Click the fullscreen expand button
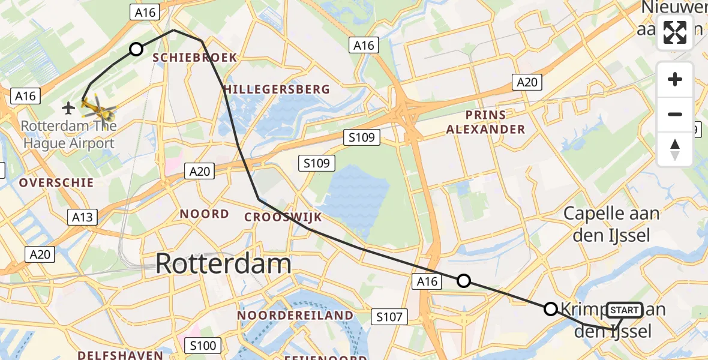675,32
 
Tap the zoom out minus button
675,114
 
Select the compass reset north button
675,149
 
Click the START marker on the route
624,310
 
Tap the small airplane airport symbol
68,108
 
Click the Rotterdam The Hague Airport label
67,135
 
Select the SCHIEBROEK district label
195,58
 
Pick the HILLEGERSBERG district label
277,89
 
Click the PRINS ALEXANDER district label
485,122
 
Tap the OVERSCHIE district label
56,182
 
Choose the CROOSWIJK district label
283,217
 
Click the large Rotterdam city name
224,264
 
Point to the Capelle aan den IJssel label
611,224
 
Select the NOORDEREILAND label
295,315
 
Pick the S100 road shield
202,346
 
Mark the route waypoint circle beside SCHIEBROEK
136,49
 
